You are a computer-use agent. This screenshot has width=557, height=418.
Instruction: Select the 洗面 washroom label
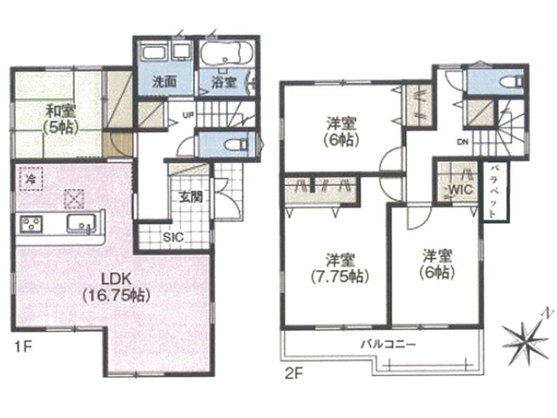(164, 82)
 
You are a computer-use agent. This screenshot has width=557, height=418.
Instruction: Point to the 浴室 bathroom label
(224, 83)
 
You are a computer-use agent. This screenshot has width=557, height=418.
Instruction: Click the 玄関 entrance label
(191, 197)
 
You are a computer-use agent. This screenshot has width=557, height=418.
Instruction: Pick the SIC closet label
(173, 237)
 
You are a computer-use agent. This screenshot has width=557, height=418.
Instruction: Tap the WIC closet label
(460, 190)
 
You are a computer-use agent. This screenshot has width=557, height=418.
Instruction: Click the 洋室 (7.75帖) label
(339, 267)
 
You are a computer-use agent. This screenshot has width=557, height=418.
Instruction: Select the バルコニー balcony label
(388, 345)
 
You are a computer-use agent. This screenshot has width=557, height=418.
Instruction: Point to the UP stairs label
(188, 115)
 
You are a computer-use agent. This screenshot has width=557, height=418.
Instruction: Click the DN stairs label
(463, 142)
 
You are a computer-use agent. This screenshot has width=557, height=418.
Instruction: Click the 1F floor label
(23, 347)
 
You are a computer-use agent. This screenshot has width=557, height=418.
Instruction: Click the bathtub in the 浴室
(227, 53)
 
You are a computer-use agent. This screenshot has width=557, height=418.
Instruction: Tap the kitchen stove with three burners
(31, 224)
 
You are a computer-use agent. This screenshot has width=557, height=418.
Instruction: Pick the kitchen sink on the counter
(81, 224)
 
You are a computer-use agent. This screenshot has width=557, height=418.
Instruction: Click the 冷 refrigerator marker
(31, 179)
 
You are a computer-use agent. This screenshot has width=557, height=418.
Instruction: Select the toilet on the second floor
(512, 82)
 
